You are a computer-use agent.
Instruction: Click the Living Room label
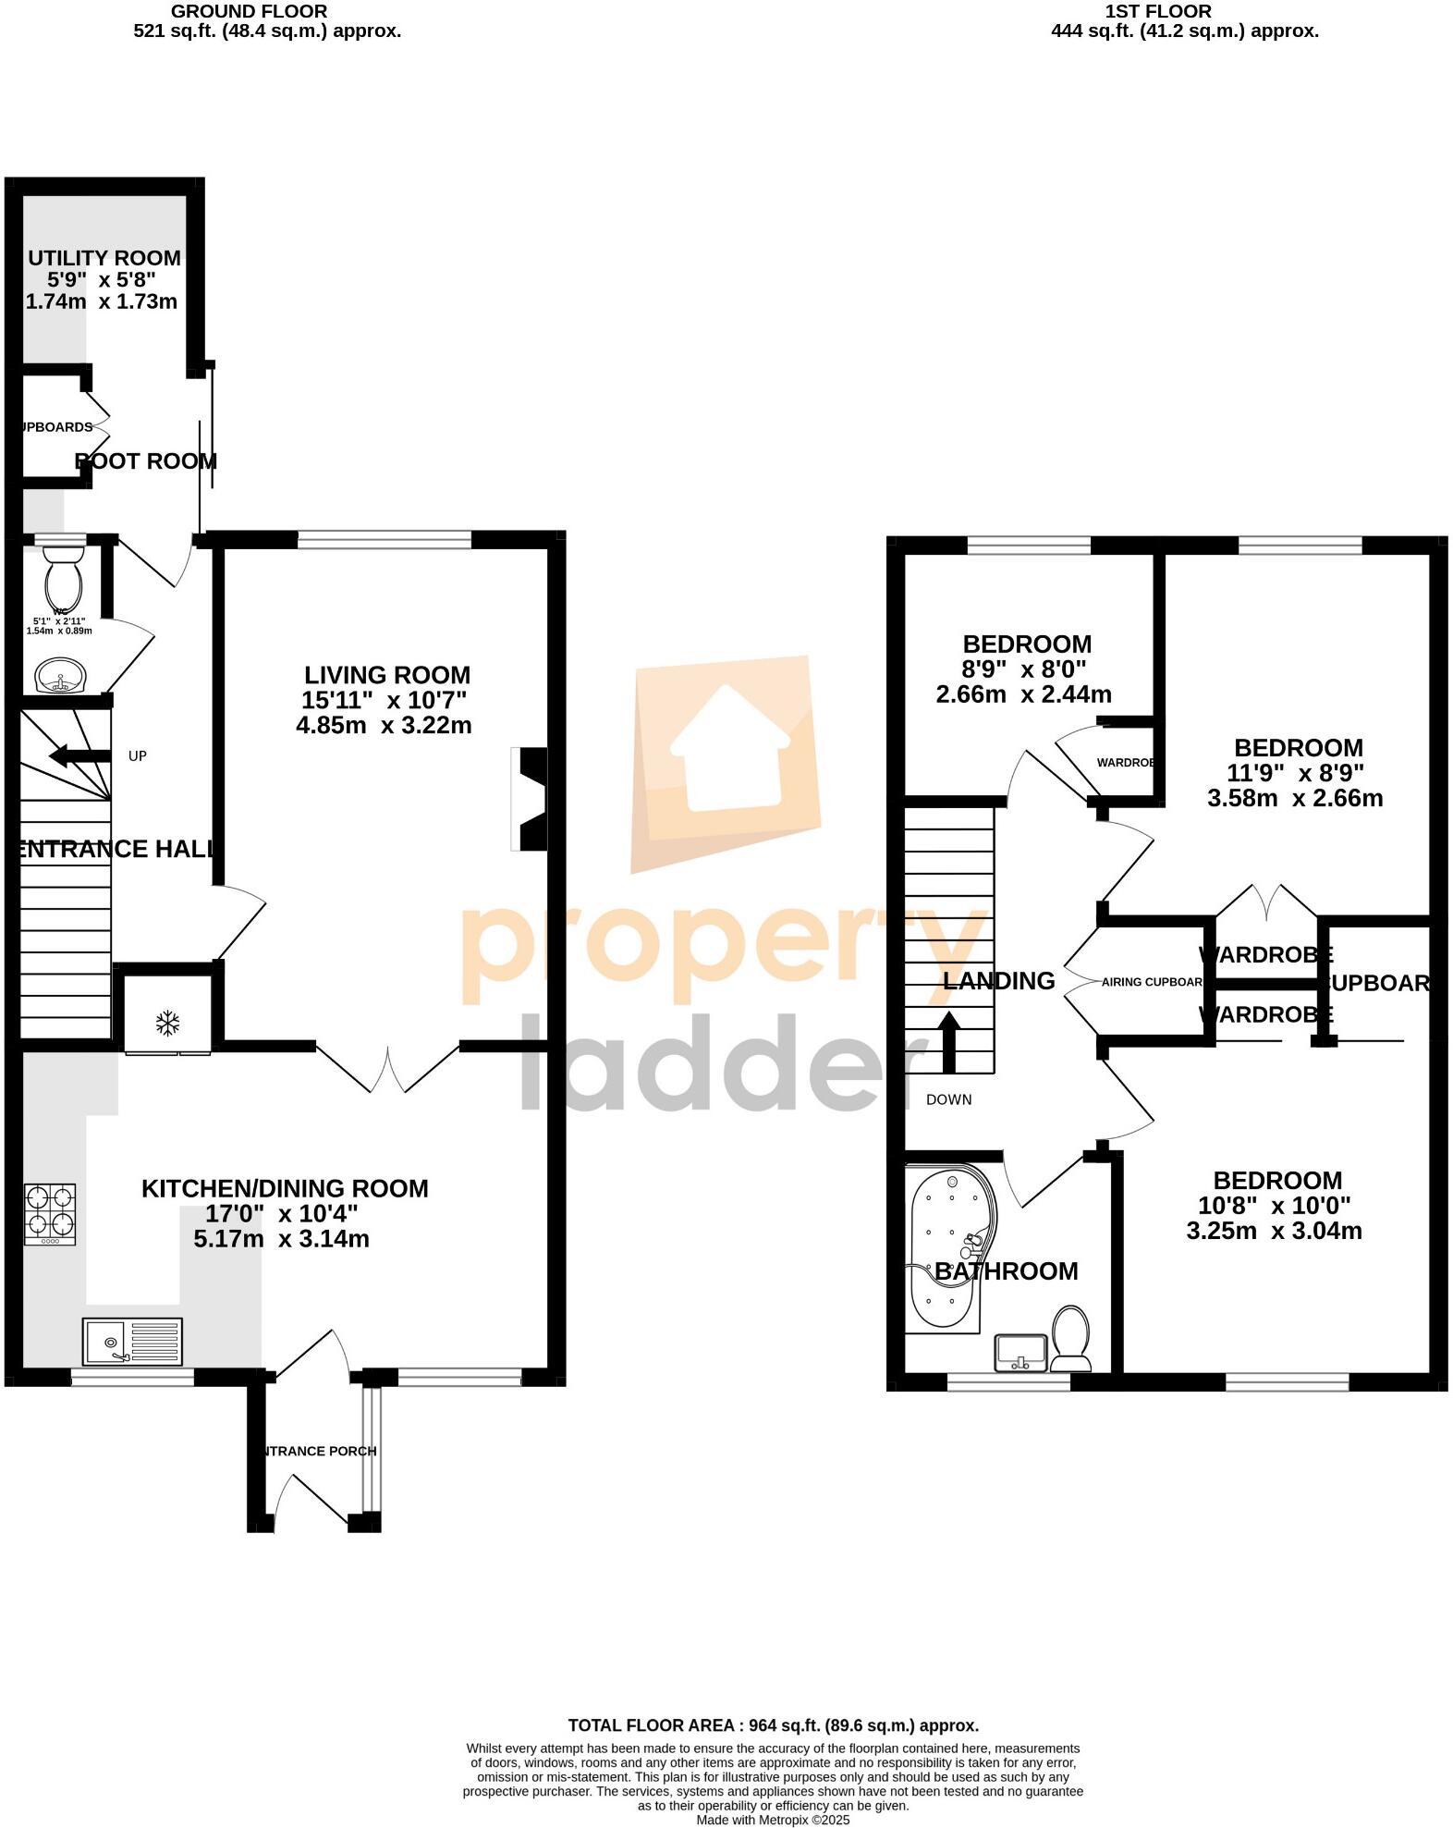tap(387, 675)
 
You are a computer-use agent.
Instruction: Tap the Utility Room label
tap(104, 258)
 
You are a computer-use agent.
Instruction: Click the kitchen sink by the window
tap(132, 1342)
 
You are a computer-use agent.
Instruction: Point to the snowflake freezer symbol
tap(167, 1023)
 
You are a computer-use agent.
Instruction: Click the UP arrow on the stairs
tap(79, 756)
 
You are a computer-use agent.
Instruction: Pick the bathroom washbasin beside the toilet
tap(1021, 1352)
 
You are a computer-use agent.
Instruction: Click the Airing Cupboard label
tap(1152, 982)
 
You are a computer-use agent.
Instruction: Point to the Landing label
tap(998, 981)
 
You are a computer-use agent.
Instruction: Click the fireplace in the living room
tap(531, 798)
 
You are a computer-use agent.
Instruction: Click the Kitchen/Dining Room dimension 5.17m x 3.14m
tap(281, 1239)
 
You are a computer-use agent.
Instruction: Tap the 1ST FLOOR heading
tap(1157, 12)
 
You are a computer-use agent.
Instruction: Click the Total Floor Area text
tap(773, 1725)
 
